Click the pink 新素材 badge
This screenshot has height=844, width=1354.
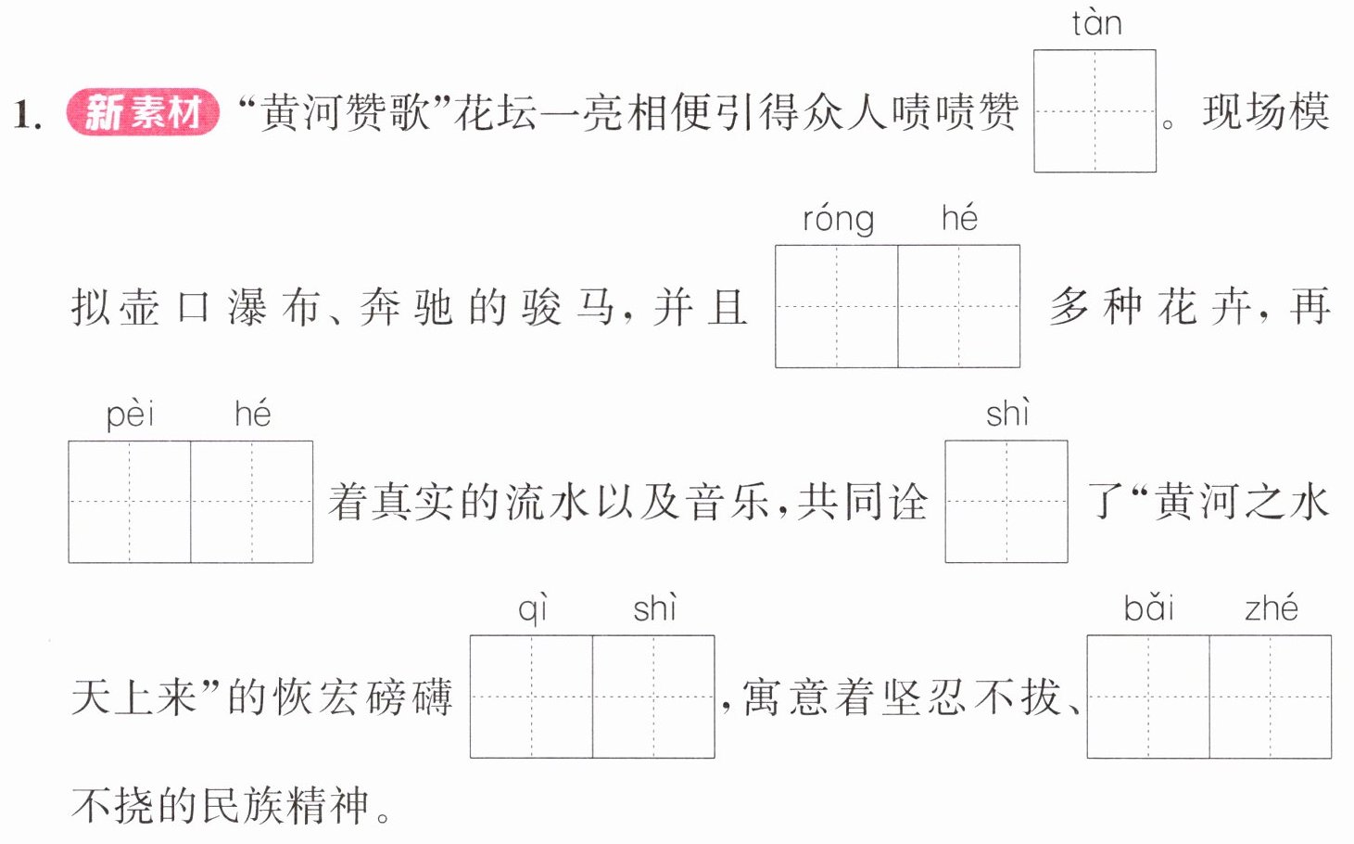pos(143,112)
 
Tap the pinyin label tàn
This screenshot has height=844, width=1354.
pos(1097,23)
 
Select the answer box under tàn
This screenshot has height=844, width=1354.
pos(1095,110)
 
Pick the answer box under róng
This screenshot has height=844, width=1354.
pos(837,306)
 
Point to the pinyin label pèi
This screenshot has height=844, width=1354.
pos(130,415)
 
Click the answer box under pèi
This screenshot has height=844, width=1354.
pos(130,502)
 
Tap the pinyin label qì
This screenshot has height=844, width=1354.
pos(533,609)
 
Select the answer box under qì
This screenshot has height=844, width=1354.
pos(531,697)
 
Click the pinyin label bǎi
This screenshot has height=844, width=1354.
pos(1148,608)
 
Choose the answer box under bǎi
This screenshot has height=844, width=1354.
pos(1148,697)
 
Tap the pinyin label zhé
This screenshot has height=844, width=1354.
pos(1272,608)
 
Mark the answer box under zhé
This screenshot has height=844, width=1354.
pos(1271,697)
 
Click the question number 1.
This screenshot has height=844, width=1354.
pos(27,114)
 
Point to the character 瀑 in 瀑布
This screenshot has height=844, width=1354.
pos(247,307)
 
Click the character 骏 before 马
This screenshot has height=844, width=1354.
pos(541,307)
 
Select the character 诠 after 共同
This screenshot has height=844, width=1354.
pos(907,502)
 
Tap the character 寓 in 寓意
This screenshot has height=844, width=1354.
pos(762,697)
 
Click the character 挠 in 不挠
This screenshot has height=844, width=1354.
pos(134,806)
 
